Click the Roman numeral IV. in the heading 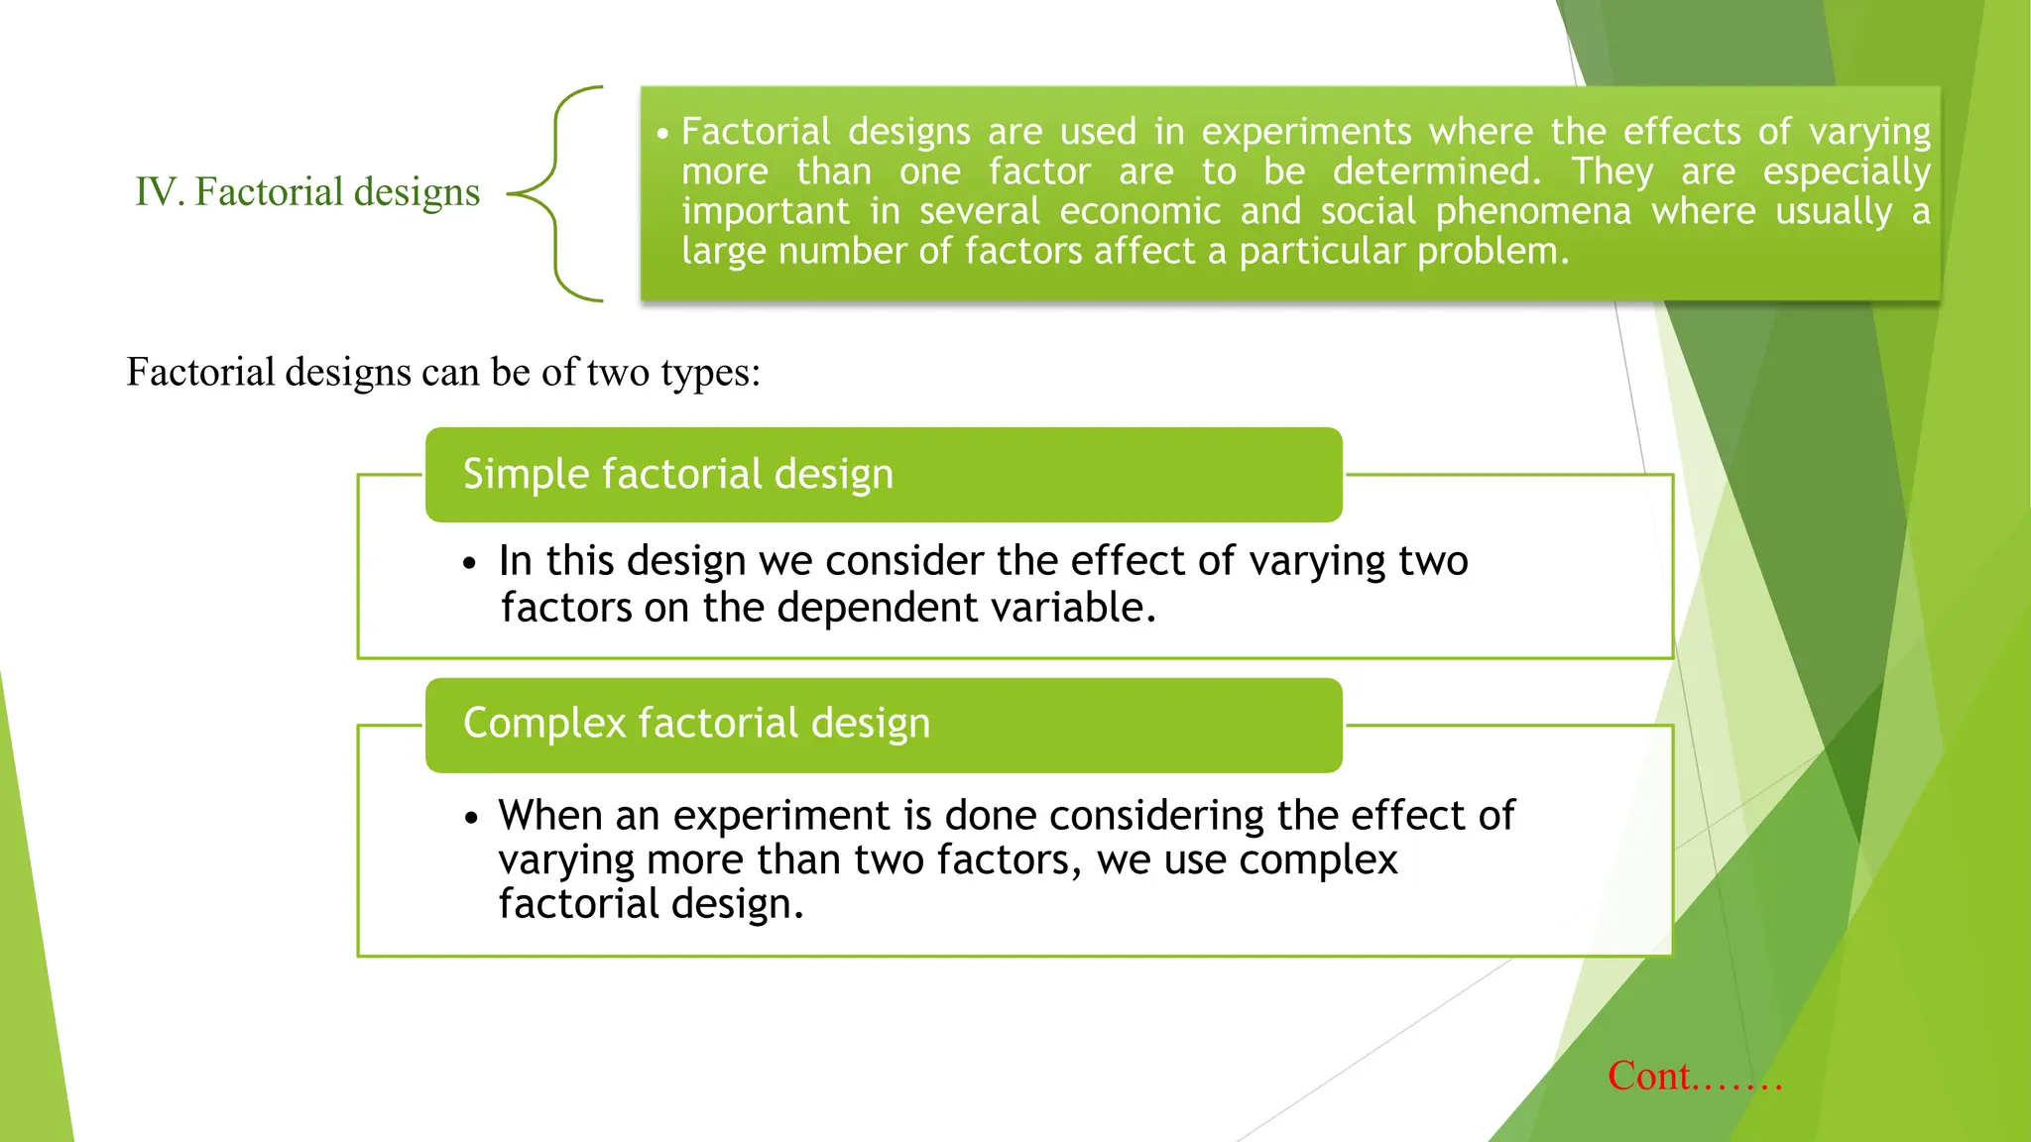point(159,192)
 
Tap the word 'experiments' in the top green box point(1306,132)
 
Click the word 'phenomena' point(1533,211)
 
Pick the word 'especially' point(1846,172)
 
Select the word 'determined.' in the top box point(1437,171)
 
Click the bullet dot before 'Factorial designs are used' point(662,133)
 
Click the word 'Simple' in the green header point(526,474)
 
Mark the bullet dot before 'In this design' point(470,564)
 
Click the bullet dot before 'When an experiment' point(471,819)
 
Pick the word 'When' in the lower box point(549,816)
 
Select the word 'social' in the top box point(1368,211)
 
